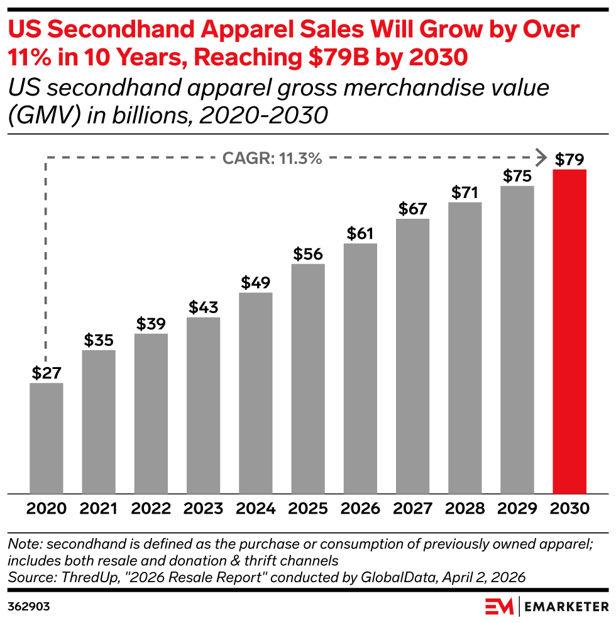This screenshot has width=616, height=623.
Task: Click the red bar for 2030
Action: tap(569, 331)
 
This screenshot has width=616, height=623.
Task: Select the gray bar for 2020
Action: tap(47, 438)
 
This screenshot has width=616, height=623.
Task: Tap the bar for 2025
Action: tap(308, 378)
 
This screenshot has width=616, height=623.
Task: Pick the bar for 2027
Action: tap(413, 356)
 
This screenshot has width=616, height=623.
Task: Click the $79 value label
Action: tap(569, 160)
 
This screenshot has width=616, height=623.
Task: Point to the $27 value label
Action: tap(47, 373)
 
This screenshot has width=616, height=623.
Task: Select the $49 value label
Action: tap(256, 283)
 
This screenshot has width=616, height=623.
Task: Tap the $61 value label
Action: tap(361, 234)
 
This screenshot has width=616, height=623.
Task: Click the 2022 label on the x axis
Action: tap(151, 509)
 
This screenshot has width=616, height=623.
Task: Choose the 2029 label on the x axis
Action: tap(517, 509)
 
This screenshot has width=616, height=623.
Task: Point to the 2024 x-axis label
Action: tap(256, 509)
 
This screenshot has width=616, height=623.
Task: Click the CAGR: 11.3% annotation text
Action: tap(272, 158)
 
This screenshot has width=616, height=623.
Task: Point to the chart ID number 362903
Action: tap(29, 607)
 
